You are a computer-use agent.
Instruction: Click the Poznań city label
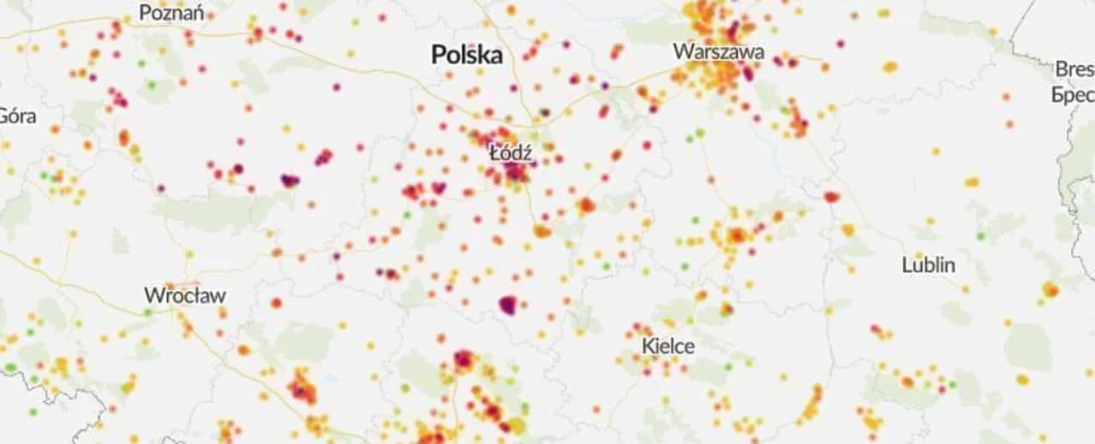171,13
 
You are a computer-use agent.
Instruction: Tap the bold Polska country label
466,56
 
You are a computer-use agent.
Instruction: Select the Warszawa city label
719,51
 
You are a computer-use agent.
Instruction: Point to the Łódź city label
511,154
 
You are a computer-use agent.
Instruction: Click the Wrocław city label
185,296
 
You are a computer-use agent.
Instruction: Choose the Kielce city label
668,346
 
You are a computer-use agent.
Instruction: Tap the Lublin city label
928,265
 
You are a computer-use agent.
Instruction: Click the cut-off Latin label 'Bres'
1074,69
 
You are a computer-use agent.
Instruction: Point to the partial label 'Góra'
17,115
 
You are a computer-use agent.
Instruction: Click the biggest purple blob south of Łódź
508,305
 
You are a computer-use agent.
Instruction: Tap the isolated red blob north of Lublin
832,197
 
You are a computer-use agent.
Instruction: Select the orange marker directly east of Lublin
1050,289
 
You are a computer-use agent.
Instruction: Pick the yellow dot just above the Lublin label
918,254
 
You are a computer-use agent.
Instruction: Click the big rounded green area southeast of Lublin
1027,346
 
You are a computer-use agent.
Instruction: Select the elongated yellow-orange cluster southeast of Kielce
810,404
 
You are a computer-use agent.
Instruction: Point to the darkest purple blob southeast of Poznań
290,181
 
